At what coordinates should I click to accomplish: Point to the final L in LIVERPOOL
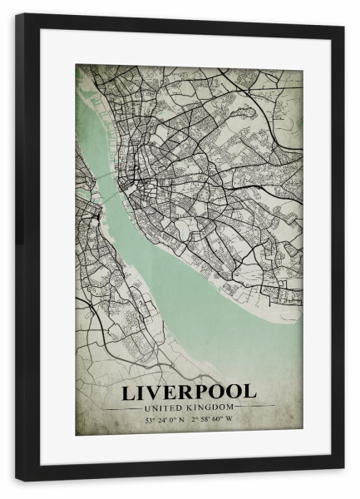pos(250,391)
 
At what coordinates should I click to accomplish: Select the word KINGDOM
pos(210,407)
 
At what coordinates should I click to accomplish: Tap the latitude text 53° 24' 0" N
pos(167,420)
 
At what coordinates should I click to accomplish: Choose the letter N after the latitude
pos(185,420)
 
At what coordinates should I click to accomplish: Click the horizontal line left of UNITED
pos(125,407)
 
